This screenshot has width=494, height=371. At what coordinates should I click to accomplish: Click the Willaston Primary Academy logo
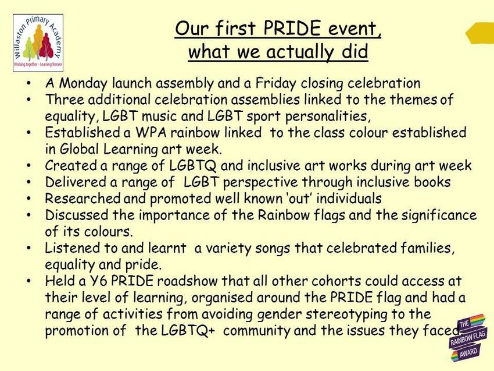tap(38, 43)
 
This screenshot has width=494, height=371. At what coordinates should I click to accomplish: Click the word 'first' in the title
tap(235, 28)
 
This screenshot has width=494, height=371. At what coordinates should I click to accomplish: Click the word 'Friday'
tap(275, 83)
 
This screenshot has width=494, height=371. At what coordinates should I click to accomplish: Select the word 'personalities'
tap(328, 116)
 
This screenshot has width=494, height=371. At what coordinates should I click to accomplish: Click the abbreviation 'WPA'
tap(151, 132)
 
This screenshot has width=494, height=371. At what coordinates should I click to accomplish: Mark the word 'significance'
tap(439, 215)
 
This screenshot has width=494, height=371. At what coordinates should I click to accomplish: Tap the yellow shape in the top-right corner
tap(480, 33)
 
